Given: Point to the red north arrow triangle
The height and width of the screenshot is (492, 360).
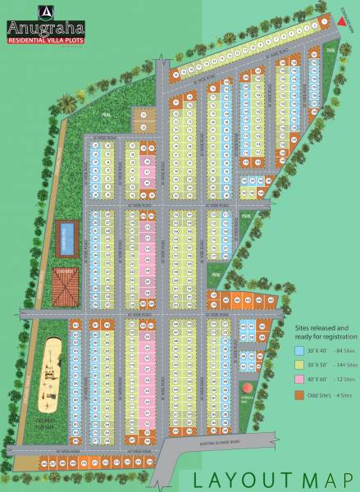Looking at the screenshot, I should coord(340,26).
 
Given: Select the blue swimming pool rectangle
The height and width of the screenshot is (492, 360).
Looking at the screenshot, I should coord(67,239).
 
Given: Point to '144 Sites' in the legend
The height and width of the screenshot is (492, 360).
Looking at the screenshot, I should coord(345,364).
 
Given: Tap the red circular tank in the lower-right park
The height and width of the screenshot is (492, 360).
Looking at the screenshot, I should coord(245,388).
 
